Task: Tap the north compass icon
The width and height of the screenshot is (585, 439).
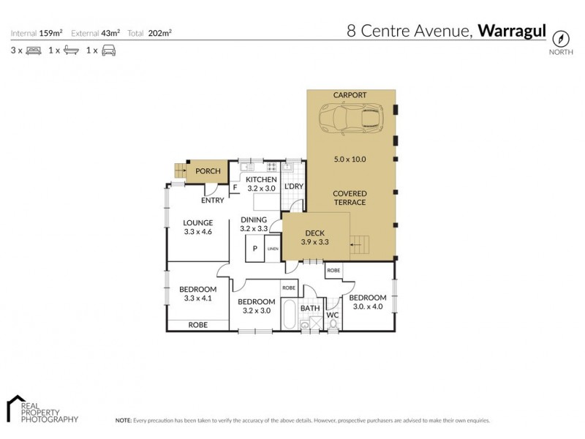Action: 560,39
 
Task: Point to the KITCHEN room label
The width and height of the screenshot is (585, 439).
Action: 260,180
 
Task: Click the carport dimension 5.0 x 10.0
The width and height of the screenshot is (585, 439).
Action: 350,160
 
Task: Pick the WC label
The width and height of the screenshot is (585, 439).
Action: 333,315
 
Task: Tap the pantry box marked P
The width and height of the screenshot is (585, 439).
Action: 255,249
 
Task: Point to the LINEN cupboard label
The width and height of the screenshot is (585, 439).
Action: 273,249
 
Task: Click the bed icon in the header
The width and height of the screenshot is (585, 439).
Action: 33,51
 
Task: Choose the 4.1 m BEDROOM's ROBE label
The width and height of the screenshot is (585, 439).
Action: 197,324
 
